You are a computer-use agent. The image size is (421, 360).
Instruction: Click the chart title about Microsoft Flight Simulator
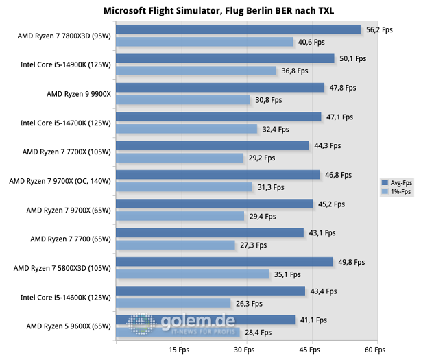(x=210, y=11)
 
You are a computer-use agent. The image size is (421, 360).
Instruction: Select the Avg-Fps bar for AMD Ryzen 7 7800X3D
(x=238, y=29)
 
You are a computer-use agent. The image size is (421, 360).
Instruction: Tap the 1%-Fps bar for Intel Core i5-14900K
(x=196, y=71)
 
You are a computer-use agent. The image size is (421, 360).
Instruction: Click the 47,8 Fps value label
(x=343, y=88)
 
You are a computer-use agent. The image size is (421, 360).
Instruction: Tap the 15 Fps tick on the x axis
(x=179, y=349)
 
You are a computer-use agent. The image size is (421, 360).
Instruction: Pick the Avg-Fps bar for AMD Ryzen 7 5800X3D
(x=224, y=262)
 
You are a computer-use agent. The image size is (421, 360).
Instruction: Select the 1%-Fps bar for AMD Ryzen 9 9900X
(x=183, y=100)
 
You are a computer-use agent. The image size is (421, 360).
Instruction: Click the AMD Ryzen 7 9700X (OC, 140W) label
(x=60, y=181)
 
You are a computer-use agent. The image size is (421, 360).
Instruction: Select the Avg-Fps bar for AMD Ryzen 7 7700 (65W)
(x=210, y=233)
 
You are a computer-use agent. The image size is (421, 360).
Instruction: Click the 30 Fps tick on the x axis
(x=245, y=349)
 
